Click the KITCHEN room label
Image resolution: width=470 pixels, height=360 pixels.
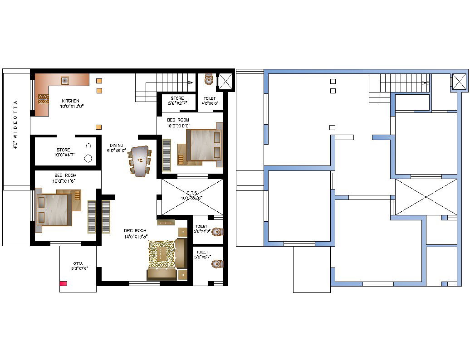[70, 101]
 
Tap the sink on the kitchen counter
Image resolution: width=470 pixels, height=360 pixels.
[65, 80]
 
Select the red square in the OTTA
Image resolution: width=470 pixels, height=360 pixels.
[64, 283]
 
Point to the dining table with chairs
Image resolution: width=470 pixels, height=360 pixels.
[139, 160]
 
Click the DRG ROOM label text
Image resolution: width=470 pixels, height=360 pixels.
[135, 231]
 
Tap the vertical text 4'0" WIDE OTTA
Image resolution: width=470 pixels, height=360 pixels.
[15, 125]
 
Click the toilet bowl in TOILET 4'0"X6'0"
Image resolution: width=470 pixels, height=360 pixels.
[209, 80]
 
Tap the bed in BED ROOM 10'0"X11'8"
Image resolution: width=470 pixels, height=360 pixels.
[54, 209]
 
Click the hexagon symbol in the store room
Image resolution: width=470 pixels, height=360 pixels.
[88, 146]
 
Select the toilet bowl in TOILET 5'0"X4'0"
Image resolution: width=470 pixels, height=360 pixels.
[217, 232]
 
